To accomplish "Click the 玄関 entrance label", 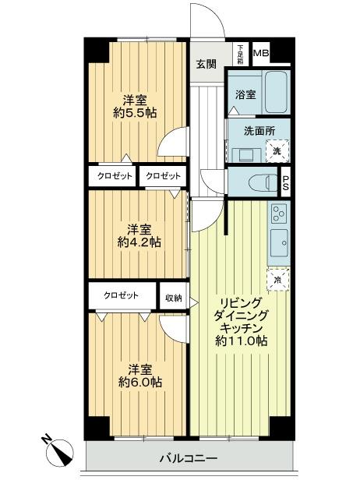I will pos(206,65).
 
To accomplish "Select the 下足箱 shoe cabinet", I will pos(240,52).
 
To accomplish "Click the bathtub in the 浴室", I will pos(276,91).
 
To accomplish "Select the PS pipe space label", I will pos(285,182).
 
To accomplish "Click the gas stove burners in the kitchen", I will pos(280,212).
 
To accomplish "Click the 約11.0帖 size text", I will pos(242,341).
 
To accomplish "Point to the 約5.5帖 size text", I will pos(134,112).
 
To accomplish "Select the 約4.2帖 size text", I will pos(139,242).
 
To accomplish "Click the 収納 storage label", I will pos(174,297).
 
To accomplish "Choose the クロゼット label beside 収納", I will pos(122,296).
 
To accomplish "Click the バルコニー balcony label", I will pos(189,457).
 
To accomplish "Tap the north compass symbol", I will pos(59,450).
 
